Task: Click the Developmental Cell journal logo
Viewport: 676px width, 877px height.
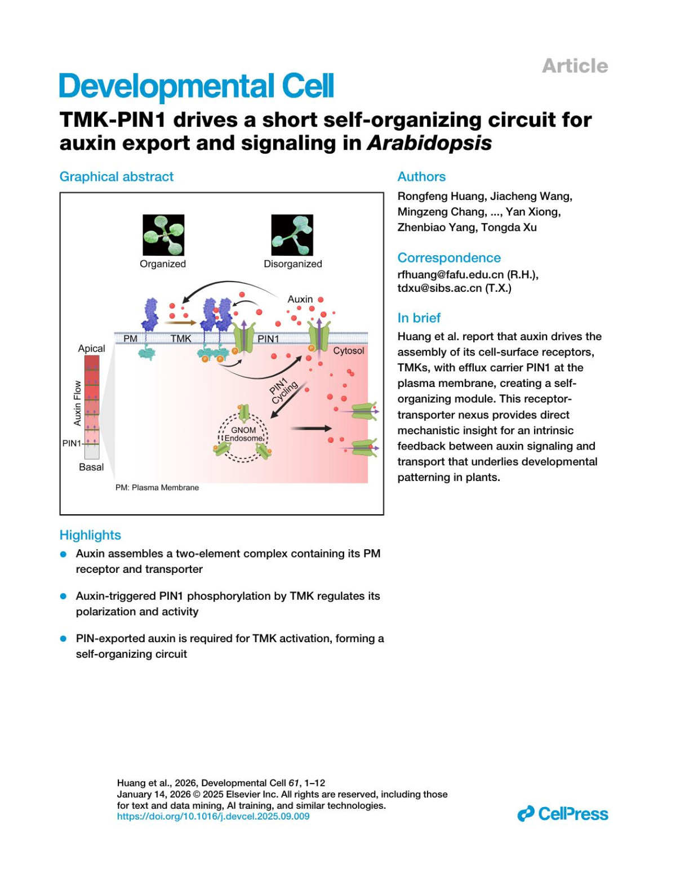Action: [x=197, y=86]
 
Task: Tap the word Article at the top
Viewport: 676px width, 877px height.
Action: [x=575, y=66]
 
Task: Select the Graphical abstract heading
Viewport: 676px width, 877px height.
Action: [x=117, y=177]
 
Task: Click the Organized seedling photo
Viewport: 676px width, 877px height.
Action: [x=163, y=234]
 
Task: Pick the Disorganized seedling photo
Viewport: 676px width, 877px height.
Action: [x=292, y=234]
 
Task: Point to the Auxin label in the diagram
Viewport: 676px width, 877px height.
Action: [x=300, y=299]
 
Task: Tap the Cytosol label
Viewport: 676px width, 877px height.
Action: [x=348, y=350]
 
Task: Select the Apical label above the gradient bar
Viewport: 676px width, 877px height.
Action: [x=91, y=348]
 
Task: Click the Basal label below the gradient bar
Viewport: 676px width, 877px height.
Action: [x=91, y=467]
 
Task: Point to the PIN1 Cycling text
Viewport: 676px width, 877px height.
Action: [x=283, y=390]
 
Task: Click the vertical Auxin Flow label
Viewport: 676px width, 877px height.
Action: [x=78, y=403]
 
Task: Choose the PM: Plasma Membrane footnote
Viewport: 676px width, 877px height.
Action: [x=157, y=487]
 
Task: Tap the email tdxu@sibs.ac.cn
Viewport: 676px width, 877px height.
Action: [x=440, y=288]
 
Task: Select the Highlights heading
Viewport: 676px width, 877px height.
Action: [x=90, y=535]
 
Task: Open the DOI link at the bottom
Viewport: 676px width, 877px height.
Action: [x=213, y=816]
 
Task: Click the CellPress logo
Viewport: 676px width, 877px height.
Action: [x=563, y=813]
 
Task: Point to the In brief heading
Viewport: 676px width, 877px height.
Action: [x=419, y=318]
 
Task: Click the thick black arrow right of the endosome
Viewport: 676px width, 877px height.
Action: [x=311, y=429]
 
